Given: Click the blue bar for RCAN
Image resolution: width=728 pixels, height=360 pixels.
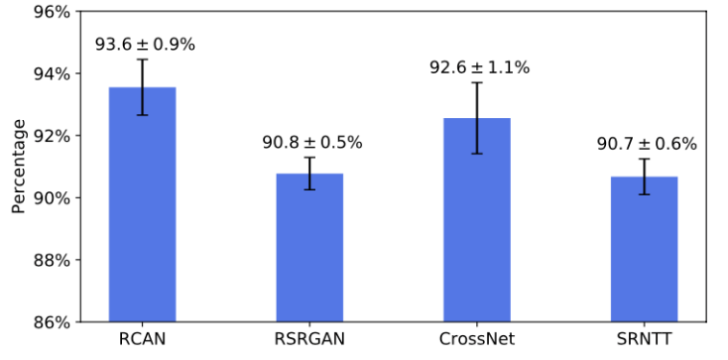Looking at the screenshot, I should click(x=142, y=204).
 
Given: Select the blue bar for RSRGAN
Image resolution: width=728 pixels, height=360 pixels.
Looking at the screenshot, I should click(x=309, y=247).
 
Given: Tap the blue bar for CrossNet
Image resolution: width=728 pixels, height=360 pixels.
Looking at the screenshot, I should click(x=476, y=219).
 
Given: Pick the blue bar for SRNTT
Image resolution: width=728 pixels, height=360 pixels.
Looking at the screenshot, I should click(x=644, y=249).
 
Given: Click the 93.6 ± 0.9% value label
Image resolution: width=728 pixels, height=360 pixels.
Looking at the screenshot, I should click(x=145, y=45).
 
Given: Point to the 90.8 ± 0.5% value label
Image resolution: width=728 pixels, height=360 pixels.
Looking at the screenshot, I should click(x=312, y=143).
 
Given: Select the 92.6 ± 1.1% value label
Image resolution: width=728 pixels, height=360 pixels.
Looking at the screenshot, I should click(x=479, y=67).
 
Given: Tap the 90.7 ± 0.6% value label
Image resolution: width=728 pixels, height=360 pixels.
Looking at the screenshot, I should click(x=647, y=144).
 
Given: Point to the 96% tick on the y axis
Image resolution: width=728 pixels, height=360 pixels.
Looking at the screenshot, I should click(x=50, y=12).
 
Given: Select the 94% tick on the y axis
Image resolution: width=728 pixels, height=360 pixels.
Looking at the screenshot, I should click(x=50, y=73).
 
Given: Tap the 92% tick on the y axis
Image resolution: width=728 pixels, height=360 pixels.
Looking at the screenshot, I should click(x=50, y=136).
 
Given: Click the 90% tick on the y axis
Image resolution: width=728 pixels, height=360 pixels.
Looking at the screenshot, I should click(x=50, y=198).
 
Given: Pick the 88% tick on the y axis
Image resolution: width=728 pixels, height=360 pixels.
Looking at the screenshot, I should click(x=50, y=260).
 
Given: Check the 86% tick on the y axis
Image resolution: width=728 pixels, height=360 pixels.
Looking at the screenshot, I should click(x=50, y=321).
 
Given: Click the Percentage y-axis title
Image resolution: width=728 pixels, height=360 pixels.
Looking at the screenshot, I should click(x=18, y=167).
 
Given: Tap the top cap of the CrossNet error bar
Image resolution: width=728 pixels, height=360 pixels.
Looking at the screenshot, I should click(x=476, y=82).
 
